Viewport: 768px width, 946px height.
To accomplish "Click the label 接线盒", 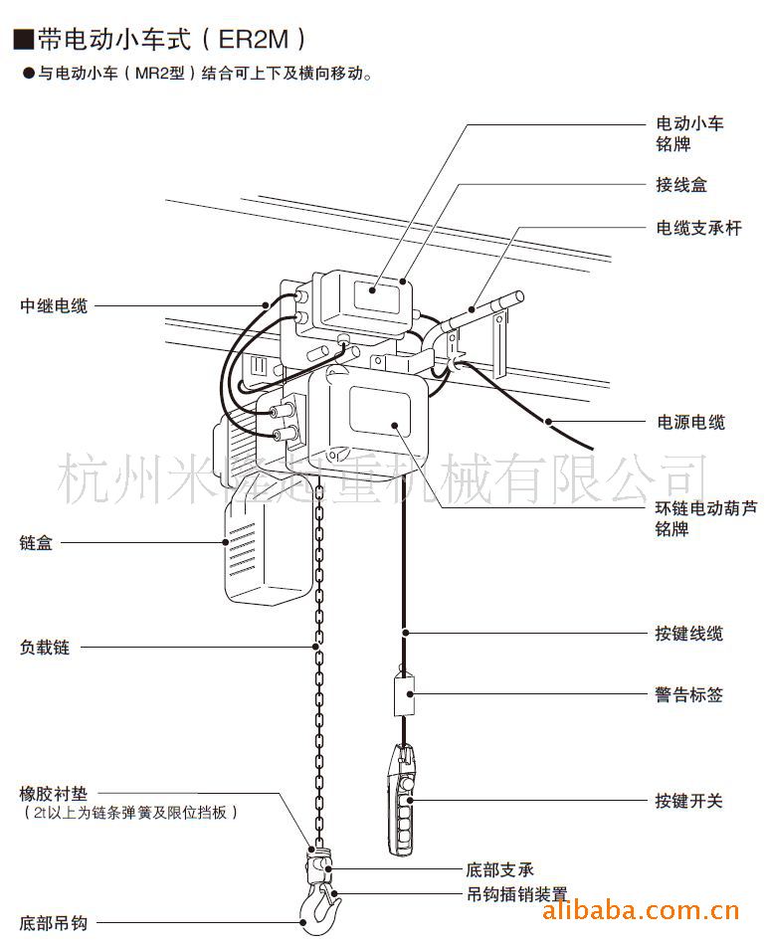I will (x=680, y=185).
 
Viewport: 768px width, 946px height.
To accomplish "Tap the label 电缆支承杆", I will (x=698, y=229).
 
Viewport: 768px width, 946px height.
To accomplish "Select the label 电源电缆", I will (x=689, y=422).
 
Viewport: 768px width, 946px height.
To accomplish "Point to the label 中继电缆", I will (x=54, y=305).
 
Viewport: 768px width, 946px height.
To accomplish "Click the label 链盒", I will (x=36, y=543).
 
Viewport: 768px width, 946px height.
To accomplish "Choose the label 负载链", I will (x=45, y=647).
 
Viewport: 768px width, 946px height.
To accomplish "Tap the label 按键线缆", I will (x=688, y=633).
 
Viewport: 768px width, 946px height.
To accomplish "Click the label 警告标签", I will (x=688, y=694).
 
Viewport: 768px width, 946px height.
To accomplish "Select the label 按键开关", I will (x=688, y=800).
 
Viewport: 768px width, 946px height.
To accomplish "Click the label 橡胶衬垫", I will (x=54, y=794).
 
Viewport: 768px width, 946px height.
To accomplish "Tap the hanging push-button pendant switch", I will (x=401, y=801).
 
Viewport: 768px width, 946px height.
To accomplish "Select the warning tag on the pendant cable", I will (x=404, y=694).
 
